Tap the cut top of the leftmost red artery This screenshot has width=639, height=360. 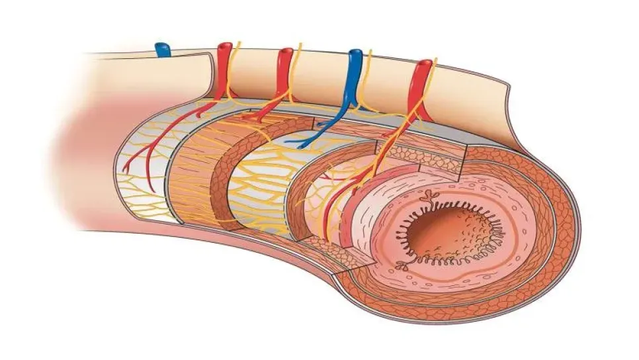coord(225,47)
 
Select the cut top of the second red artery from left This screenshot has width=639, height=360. coord(285,51)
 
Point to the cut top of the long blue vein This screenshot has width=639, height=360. coord(355,53)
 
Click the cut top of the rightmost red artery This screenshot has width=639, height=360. coord(423,64)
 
